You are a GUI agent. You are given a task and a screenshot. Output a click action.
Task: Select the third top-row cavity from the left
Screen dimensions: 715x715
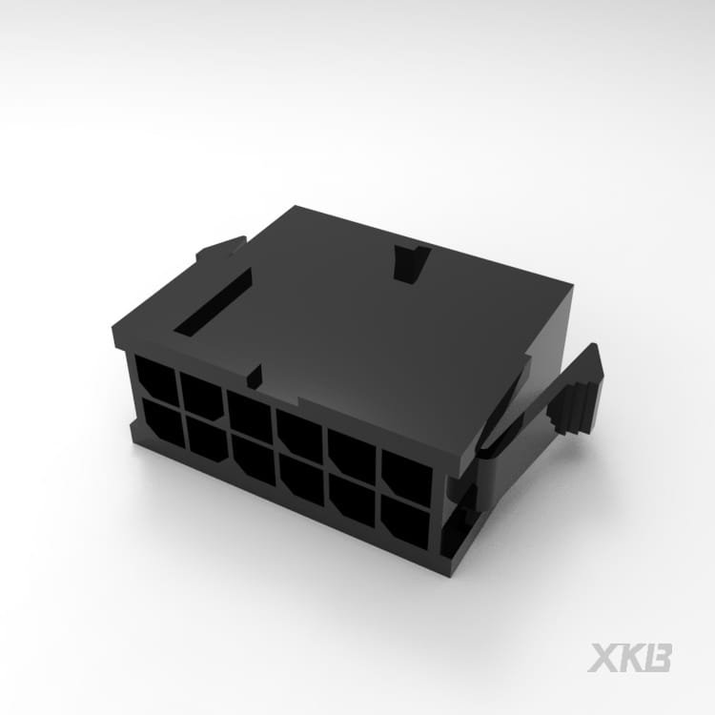coord(250,414)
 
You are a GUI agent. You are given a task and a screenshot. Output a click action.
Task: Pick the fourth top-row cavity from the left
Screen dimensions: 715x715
coord(299,431)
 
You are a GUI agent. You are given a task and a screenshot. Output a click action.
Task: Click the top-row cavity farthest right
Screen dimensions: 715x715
coord(407,473)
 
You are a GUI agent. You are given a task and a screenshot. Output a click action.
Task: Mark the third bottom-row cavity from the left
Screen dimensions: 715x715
coord(254,458)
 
